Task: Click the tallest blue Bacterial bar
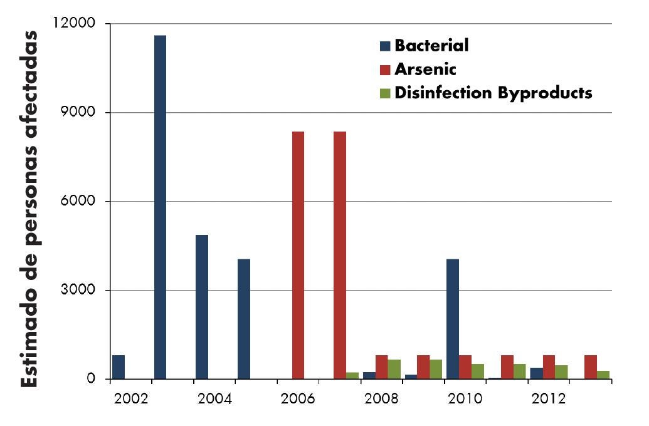[x=160, y=207]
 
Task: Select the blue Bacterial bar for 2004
[x=202, y=307]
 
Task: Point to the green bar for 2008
[x=394, y=369]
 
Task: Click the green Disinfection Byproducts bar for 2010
[x=478, y=371]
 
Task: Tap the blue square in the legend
[x=385, y=46]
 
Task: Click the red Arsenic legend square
[x=385, y=70]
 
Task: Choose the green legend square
[x=385, y=93]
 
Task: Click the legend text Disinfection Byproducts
[x=493, y=93]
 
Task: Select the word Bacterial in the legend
[x=431, y=46]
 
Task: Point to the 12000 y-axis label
[x=75, y=24]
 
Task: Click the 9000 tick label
[x=79, y=113]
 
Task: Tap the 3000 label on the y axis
[x=79, y=290]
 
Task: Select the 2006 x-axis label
[x=298, y=399]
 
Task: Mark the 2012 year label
[x=549, y=399]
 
